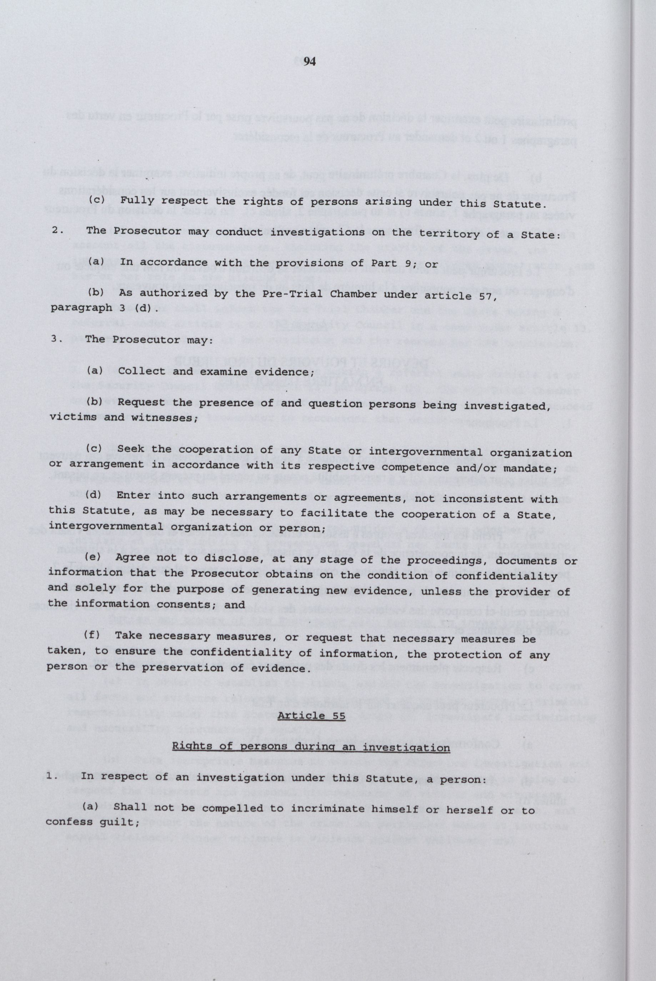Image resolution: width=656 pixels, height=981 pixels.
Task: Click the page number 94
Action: tap(310, 62)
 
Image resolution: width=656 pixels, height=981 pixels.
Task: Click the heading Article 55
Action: tap(312, 715)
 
